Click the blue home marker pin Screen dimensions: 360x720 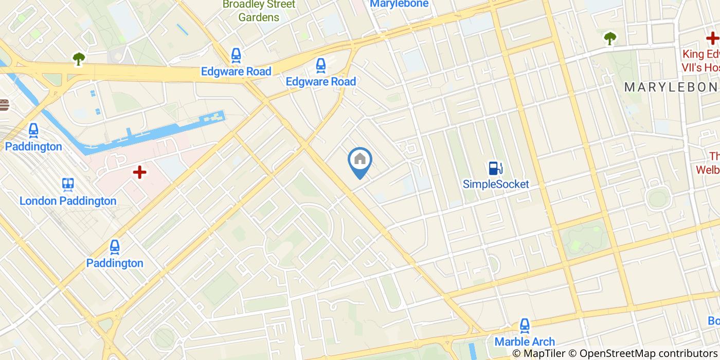click(x=360, y=160)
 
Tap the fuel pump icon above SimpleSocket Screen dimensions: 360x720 click(x=495, y=168)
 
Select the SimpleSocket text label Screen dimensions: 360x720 click(x=495, y=184)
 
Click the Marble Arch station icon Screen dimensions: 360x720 click(x=525, y=326)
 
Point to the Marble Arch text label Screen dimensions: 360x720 click(x=525, y=341)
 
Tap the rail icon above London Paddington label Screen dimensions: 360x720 click(x=68, y=185)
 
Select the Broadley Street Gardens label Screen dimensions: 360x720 click(x=259, y=11)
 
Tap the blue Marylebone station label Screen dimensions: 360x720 click(x=399, y=4)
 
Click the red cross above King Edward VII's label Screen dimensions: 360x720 click(x=712, y=38)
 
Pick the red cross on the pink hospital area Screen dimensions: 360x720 click(x=139, y=172)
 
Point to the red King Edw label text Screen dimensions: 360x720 click(x=700, y=55)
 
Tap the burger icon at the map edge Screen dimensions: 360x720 click(x=4, y=105)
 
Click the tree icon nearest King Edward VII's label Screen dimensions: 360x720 click(x=610, y=38)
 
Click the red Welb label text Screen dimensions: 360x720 click(x=707, y=169)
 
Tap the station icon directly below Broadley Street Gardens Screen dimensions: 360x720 click(x=236, y=55)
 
